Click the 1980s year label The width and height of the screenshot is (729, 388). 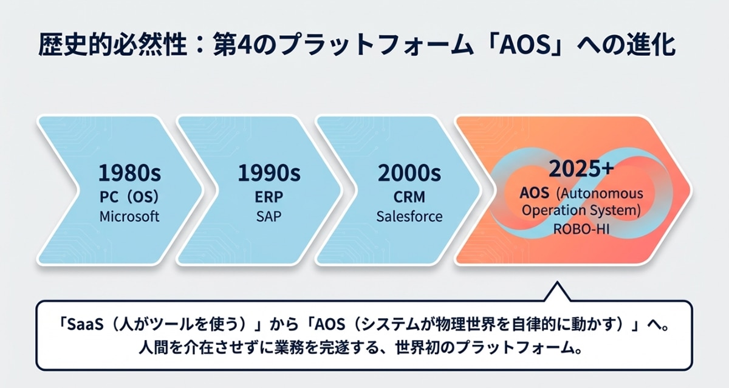tap(129, 172)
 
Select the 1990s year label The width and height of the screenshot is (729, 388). tap(269, 172)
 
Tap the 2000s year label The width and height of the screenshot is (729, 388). tap(409, 172)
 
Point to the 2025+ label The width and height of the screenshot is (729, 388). tap(581, 169)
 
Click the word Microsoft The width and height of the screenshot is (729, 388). tap(129, 216)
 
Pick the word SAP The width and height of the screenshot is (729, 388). tap(269, 216)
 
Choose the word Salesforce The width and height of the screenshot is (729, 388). tap(409, 216)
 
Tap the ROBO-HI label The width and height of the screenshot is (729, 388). tap(581, 230)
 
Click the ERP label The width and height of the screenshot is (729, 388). tap(269, 197)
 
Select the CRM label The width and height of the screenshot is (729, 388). tap(409, 197)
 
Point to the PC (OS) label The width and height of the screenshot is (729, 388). tap(129, 197)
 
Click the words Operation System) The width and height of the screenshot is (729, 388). tap(581, 210)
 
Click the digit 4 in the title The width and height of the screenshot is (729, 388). tap(242, 45)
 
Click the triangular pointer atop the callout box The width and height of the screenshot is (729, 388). tap(557, 292)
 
